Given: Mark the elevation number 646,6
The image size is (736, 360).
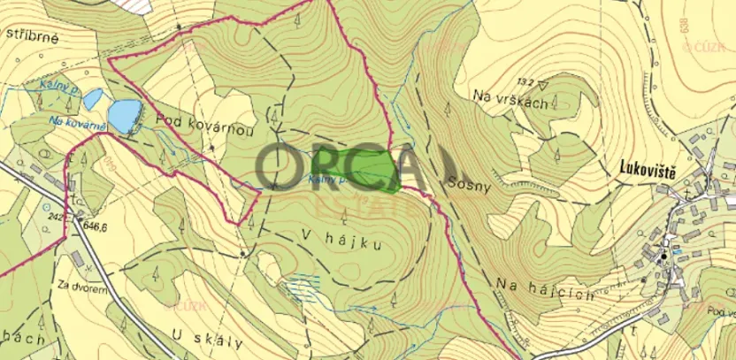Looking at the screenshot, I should [94, 227].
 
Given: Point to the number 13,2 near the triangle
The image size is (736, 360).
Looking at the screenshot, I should [525, 81].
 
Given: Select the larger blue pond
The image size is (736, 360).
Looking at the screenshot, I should [125, 111].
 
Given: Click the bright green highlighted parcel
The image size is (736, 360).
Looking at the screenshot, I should [367, 168].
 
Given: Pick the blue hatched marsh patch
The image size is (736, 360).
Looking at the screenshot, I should [303, 287].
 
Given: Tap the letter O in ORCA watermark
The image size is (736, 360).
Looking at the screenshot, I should [283, 164].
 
